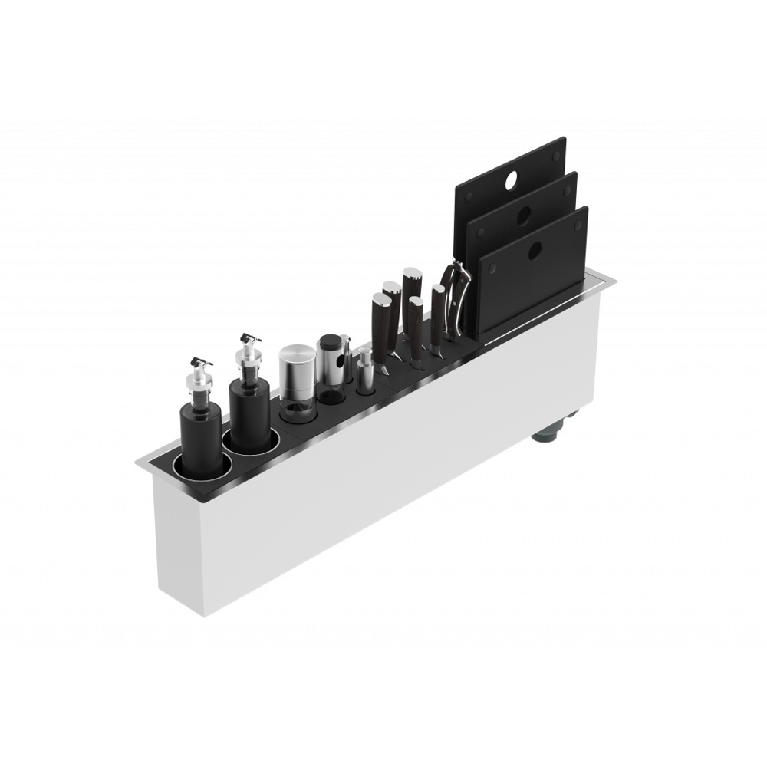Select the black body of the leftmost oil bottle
pyautogui.click(x=201, y=433)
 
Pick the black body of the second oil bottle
pyautogui.click(x=249, y=418)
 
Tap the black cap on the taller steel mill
pyautogui.click(x=330, y=343)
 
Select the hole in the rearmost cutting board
pyautogui.click(x=512, y=182)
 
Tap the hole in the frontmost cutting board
pyautogui.click(x=535, y=248)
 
